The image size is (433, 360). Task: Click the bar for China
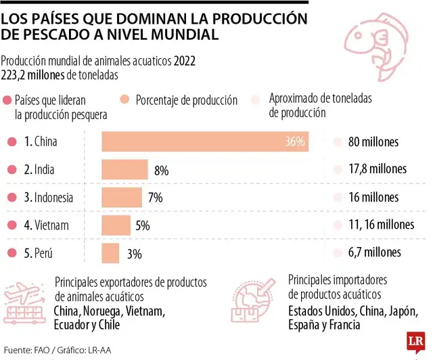click(x=205, y=142)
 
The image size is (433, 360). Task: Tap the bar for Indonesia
click(x=122, y=198)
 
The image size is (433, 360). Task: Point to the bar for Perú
click(x=110, y=253)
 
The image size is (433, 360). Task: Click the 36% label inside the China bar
click(x=295, y=142)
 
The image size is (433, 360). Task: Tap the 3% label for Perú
click(x=134, y=254)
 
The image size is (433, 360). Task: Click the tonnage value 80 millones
click(x=373, y=142)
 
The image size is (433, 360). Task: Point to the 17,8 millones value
click(x=377, y=169)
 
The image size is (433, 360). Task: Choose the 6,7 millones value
click(x=374, y=252)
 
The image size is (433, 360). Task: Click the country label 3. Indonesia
click(x=49, y=198)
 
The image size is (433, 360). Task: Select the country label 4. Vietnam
click(x=46, y=225)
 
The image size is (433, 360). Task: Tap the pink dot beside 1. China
click(x=10, y=142)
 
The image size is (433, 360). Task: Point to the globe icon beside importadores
click(x=258, y=301)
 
